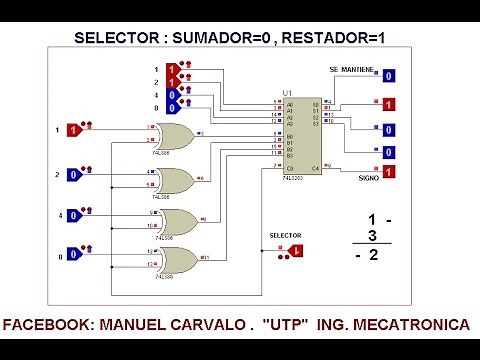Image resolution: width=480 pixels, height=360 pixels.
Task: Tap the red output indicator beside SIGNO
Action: click(389, 173)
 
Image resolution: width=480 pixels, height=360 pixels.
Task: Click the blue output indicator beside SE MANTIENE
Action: click(389, 76)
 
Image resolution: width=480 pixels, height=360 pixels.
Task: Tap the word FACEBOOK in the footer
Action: click(46, 326)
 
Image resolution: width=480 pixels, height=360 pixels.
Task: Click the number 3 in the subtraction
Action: click(372, 236)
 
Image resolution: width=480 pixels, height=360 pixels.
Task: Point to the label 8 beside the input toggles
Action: click(156, 107)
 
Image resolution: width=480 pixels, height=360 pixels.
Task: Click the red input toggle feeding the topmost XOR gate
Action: click(73, 130)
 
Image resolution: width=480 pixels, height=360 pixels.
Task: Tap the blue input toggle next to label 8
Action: click(173, 107)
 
